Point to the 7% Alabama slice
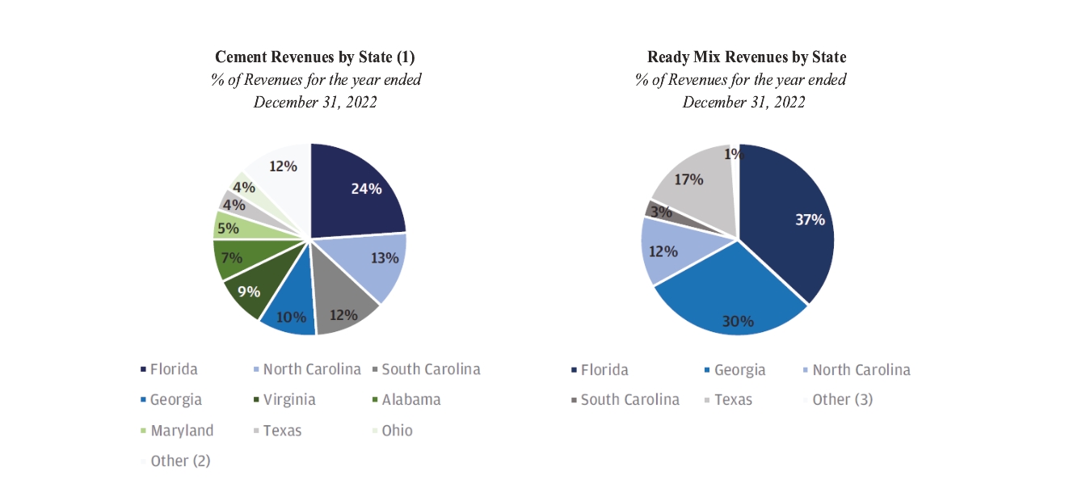[x=233, y=257]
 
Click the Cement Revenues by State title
[x=314, y=57]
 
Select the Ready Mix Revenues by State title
[x=747, y=57]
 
